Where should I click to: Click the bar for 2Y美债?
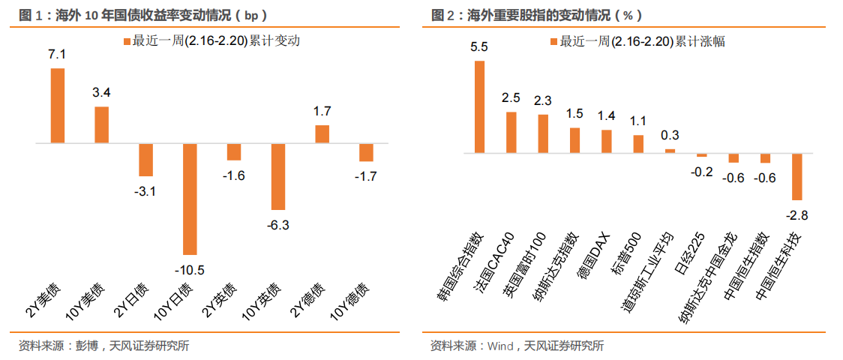(57, 105)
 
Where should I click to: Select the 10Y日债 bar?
(190, 199)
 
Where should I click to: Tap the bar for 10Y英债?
(278, 176)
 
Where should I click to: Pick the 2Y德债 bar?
(322, 133)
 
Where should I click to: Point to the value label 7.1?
(57, 54)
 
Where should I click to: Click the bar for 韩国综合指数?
(479, 106)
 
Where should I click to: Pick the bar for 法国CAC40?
(511, 132)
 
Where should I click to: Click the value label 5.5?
(479, 46)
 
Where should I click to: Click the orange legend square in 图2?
(553, 41)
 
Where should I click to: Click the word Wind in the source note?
(500, 346)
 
